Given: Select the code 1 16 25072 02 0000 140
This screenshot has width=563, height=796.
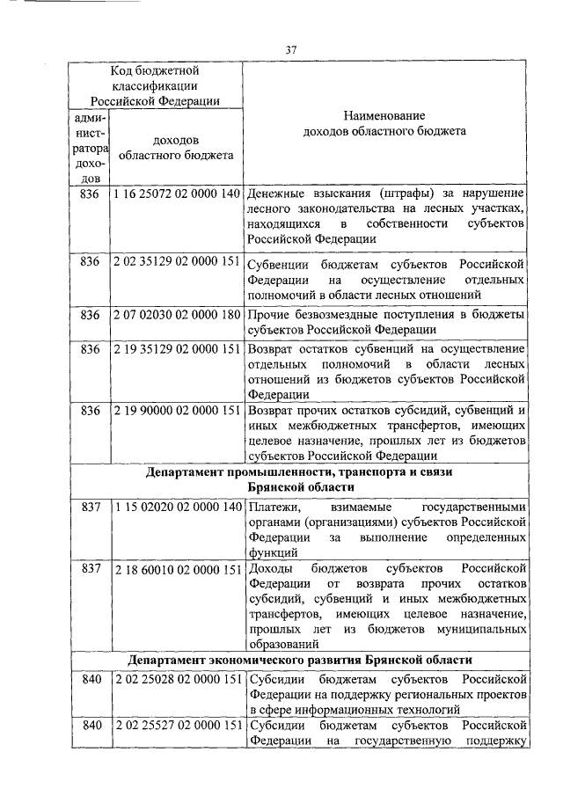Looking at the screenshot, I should [177, 193].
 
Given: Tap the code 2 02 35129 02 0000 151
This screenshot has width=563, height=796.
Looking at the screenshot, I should [177, 263].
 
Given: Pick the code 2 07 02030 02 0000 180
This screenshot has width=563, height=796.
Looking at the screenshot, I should [177, 315].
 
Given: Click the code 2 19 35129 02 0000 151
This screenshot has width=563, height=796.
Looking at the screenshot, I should [177, 349].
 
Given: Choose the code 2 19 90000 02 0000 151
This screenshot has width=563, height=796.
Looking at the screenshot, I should [177, 410].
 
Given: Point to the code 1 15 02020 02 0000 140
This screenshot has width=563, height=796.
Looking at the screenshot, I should [177, 508].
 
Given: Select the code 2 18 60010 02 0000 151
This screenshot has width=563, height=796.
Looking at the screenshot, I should [177, 569].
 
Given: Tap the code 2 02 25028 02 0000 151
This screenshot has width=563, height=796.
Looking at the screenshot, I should [177, 679].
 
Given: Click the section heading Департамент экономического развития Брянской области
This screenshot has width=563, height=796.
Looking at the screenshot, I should [299, 659].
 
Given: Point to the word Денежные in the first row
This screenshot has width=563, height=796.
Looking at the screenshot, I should [274, 193].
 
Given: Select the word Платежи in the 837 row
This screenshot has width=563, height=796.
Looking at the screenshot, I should [269, 508].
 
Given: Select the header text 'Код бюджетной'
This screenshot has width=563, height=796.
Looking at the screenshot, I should [154, 69].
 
